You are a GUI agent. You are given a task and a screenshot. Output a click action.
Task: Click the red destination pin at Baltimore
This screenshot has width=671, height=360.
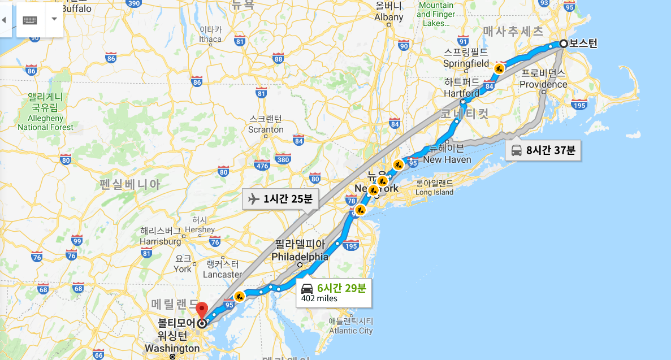(x=201, y=310)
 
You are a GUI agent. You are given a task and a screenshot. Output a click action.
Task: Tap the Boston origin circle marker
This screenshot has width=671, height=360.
(x=564, y=44)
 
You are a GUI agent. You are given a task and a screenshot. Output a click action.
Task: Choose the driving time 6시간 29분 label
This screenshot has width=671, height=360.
(x=341, y=288)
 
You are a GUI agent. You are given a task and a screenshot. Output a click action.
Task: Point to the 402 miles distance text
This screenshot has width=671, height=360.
(x=319, y=298)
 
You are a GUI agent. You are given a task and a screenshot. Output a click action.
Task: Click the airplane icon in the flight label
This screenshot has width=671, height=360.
(x=254, y=199)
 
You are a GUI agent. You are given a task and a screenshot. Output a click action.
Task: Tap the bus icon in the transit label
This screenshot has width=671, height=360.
(x=516, y=150)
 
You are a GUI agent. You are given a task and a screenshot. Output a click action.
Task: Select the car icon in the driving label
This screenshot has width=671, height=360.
(x=307, y=288)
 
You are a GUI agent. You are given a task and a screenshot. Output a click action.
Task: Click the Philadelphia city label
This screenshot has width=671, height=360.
(x=300, y=257)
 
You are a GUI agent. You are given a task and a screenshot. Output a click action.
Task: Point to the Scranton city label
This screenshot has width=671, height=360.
(x=266, y=129)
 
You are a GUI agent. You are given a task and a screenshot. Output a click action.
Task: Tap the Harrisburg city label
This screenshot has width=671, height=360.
(x=161, y=241)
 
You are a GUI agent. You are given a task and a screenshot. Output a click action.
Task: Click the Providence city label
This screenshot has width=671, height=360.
(x=543, y=84)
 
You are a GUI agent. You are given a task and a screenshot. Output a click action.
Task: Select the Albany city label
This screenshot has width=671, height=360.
(x=389, y=17)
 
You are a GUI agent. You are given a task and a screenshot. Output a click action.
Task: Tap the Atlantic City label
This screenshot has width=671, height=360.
(x=350, y=331)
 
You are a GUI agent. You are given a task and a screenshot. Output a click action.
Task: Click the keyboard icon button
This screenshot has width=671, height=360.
(x=30, y=19)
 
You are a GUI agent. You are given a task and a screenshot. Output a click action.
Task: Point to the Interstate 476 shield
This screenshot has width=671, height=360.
(x=261, y=166)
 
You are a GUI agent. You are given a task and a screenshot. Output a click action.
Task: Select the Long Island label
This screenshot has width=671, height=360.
(x=434, y=192)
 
